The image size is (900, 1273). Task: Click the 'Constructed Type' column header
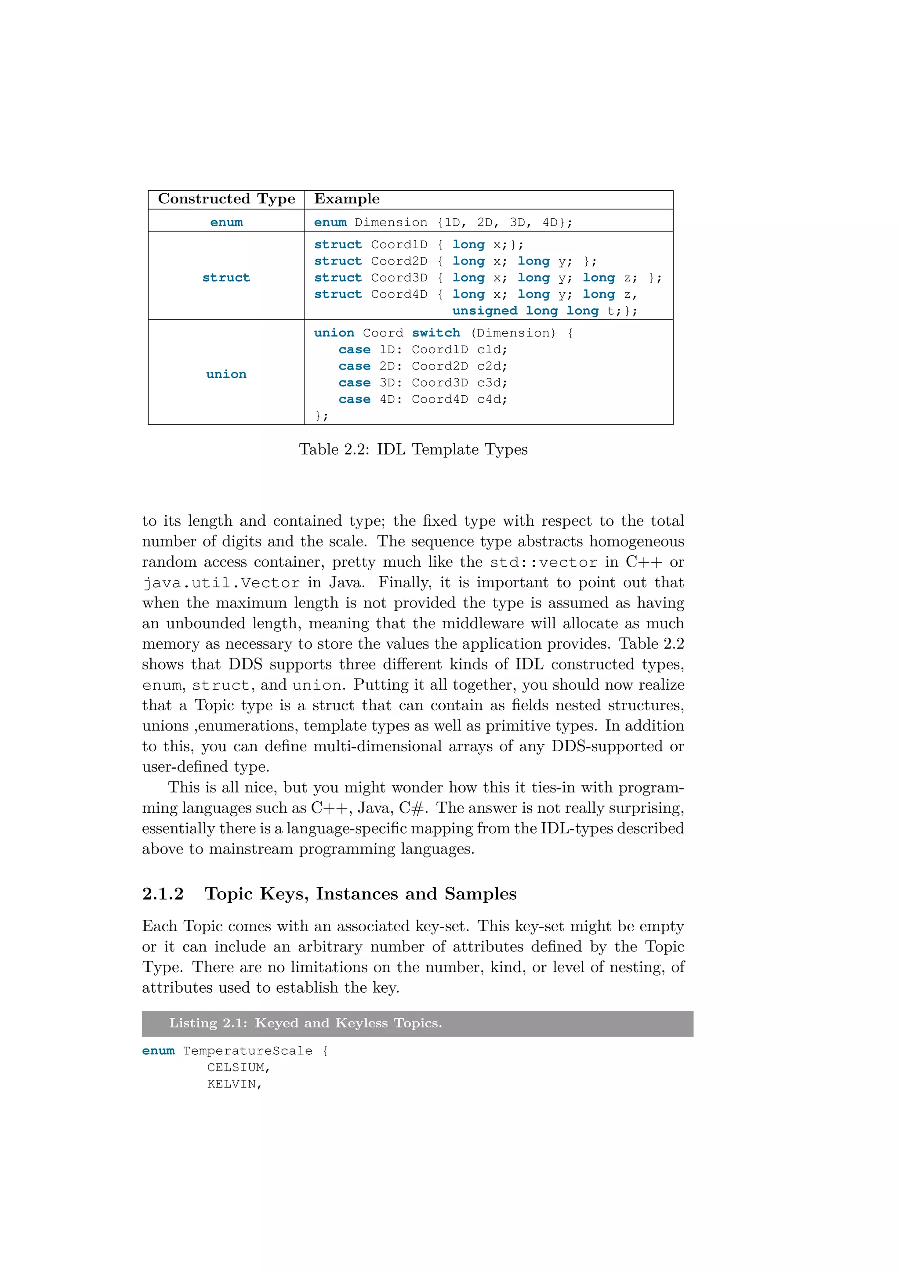226,199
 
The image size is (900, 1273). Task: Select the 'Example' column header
347,199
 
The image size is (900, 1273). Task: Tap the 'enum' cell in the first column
226,222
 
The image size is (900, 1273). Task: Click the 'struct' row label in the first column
226,278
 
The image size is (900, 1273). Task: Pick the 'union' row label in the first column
226,374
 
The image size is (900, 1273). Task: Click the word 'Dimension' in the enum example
391,222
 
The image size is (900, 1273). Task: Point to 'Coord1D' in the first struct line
399,245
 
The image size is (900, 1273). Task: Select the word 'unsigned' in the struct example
485,311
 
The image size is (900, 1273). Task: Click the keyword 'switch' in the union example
436,333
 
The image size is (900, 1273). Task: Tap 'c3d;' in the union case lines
492,383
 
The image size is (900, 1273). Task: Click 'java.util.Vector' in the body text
221,583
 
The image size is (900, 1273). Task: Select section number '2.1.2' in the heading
163,894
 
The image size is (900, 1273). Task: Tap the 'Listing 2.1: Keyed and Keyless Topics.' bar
417,1023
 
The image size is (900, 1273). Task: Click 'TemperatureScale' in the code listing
247,1051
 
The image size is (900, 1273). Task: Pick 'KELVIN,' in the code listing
234,1085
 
